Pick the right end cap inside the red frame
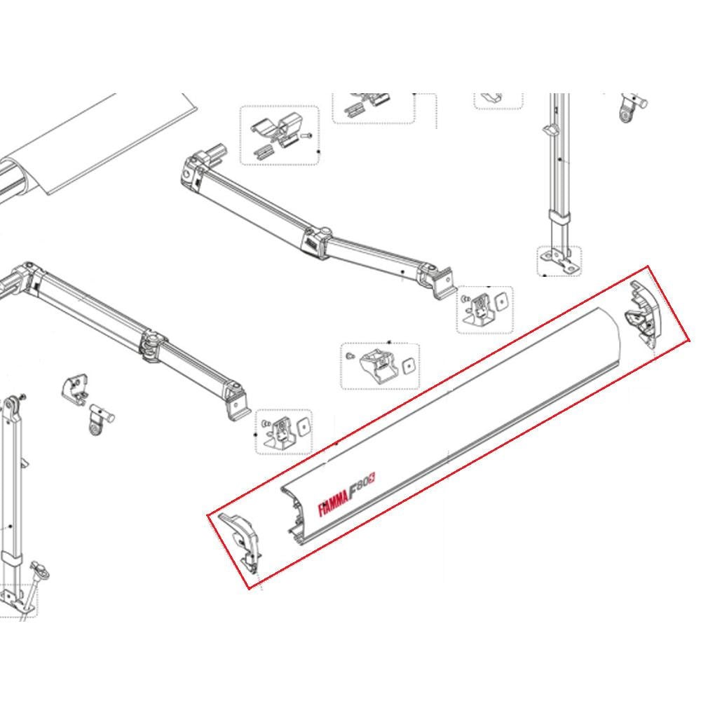tap(644, 312)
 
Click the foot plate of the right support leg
tap(559, 261)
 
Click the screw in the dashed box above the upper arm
tap(306, 136)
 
